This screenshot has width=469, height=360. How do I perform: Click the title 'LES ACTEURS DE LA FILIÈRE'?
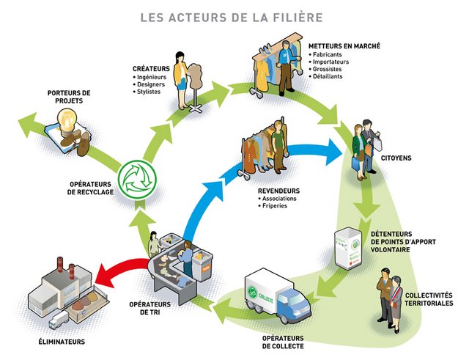pyautogui.click(x=234, y=17)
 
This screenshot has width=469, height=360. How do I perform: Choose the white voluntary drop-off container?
pyautogui.click(x=348, y=248)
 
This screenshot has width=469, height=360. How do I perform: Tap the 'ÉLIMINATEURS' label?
pyautogui.click(x=62, y=342)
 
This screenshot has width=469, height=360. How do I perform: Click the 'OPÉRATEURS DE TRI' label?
pyautogui.click(x=150, y=307)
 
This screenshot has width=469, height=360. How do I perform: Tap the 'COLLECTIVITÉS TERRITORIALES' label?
pyautogui.click(x=429, y=298)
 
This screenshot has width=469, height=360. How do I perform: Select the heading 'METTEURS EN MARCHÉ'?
pyautogui.click(x=344, y=45)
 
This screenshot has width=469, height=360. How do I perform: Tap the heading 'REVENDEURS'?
pyautogui.click(x=279, y=190)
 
